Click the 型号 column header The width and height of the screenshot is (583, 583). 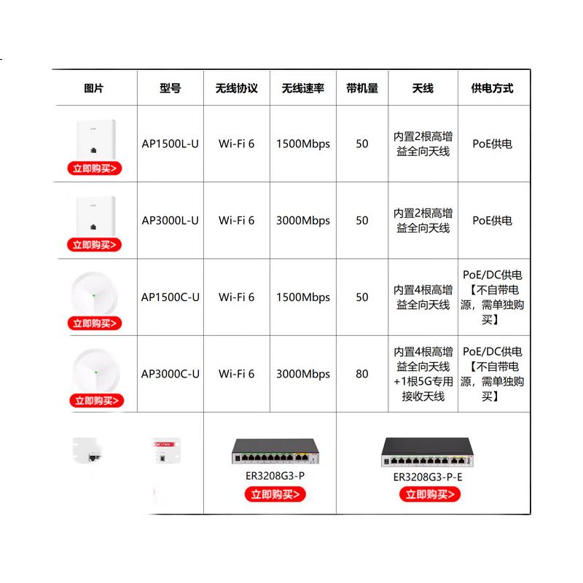pyautogui.click(x=171, y=88)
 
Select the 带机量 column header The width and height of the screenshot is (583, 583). pyautogui.click(x=362, y=88)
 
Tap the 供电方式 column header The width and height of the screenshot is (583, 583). pyautogui.click(x=492, y=88)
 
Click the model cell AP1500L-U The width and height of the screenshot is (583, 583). pyautogui.click(x=171, y=144)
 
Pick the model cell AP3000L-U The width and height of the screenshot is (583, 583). pyautogui.click(x=171, y=220)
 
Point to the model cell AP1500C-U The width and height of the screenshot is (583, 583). pyautogui.click(x=171, y=297)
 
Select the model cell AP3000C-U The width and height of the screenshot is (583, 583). pyautogui.click(x=171, y=374)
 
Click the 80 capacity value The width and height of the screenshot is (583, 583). pyautogui.click(x=361, y=374)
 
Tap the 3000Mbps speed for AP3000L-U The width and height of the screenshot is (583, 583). pyautogui.click(x=303, y=221)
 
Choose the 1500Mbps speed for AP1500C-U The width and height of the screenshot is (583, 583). pyautogui.click(x=303, y=297)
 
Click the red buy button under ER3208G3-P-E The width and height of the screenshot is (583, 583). pyautogui.click(x=430, y=494)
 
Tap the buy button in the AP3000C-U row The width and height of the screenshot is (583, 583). pyautogui.click(x=97, y=400)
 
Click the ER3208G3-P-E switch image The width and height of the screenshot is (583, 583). pyautogui.click(x=427, y=452)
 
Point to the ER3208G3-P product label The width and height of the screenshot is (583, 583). pyautogui.click(x=275, y=476)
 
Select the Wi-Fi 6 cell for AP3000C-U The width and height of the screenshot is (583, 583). pyautogui.click(x=236, y=374)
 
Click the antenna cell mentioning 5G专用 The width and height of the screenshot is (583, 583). pyautogui.click(x=423, y=374)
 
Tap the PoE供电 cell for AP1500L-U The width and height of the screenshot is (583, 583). pyautogui.click(x=492, y=144)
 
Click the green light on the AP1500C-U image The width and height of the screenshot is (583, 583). pyautogui.click(x=94, y=296)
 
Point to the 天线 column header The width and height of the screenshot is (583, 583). pyautogui.click(x=423, y=88)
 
